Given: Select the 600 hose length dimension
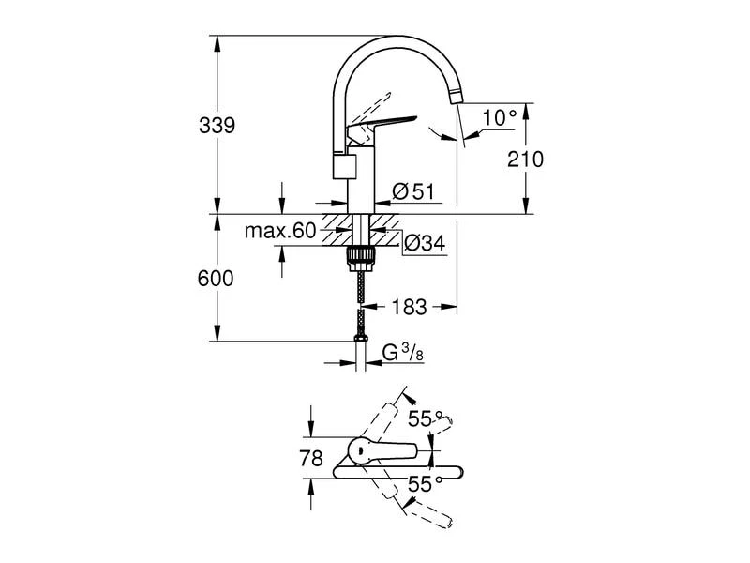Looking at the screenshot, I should click(216, 279).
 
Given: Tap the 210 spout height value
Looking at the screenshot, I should click(525, 159).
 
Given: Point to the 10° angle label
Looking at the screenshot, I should click(501, 118).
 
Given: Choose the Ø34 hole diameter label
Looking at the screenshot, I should click(424, 244).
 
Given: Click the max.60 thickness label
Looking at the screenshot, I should click(280, 231).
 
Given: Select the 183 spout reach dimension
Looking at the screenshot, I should click(409, 306).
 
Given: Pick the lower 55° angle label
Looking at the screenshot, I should click(425, 485).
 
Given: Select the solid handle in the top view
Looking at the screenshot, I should click(384, 450).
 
